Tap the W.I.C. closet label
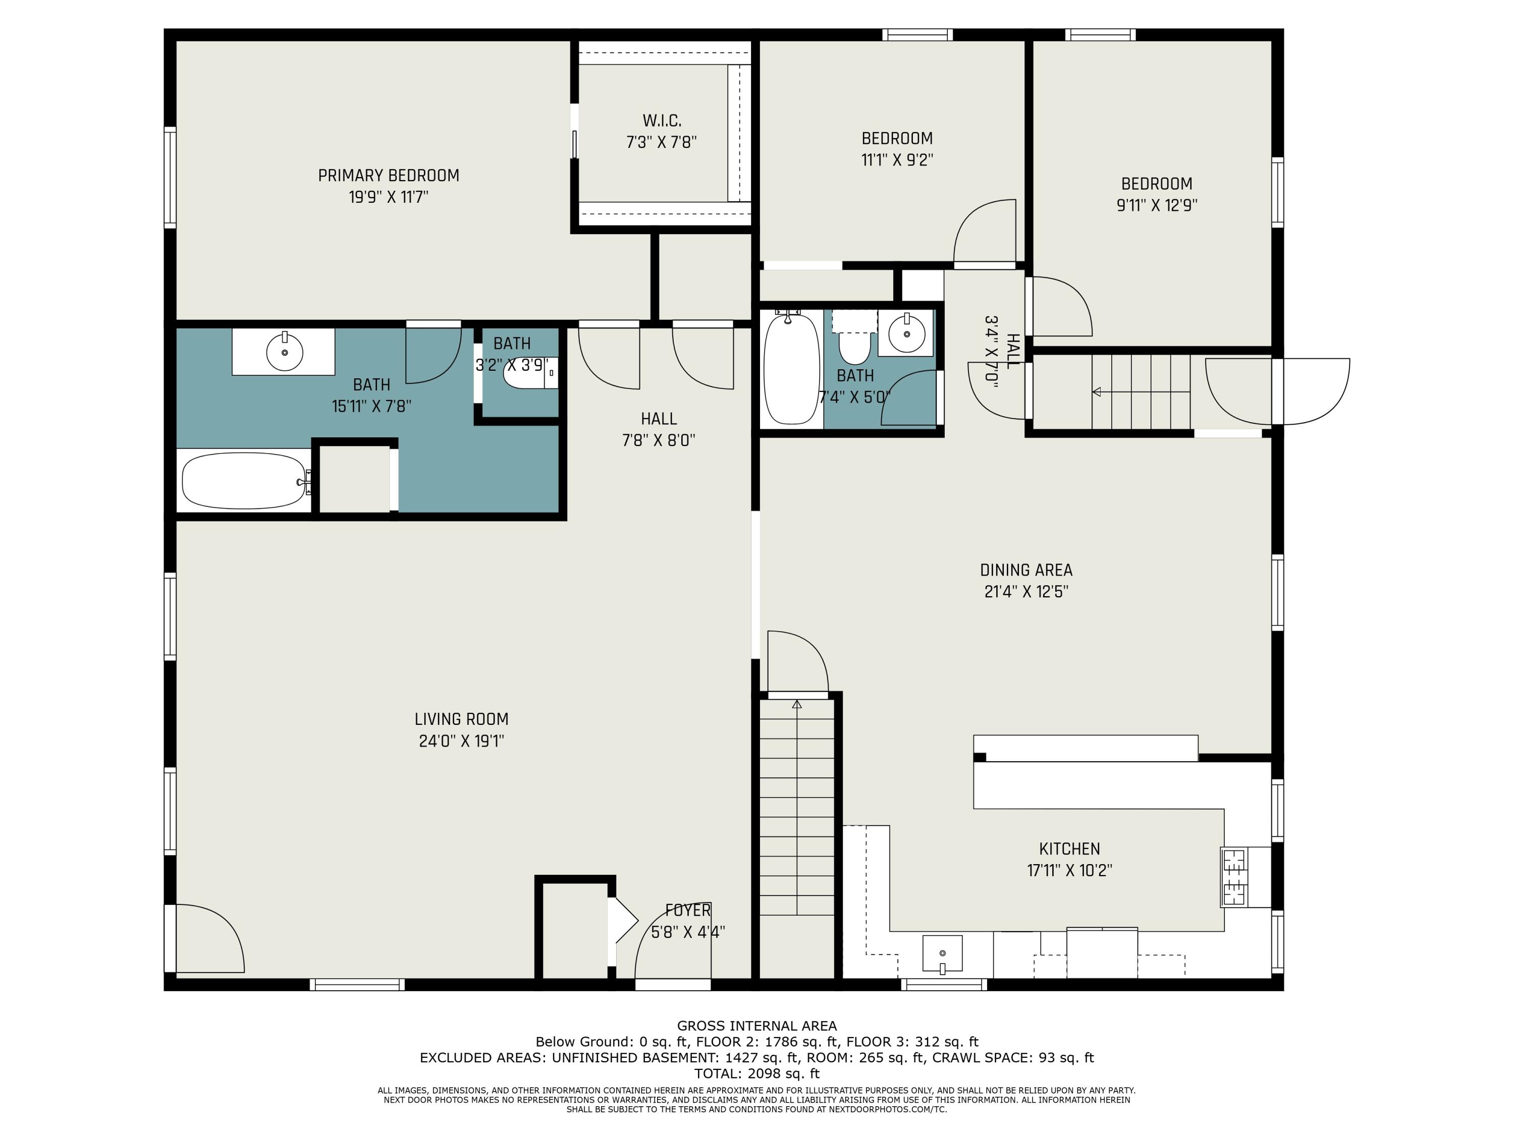662,121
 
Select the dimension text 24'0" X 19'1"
461,741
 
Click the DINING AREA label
1026,571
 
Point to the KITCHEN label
1069,849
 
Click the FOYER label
688,911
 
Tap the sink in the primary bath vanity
284,352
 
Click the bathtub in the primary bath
244,481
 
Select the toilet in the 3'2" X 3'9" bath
530,373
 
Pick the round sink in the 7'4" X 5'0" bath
907,334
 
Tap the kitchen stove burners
1234,877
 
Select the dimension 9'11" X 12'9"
1157,205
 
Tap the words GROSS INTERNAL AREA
756,1026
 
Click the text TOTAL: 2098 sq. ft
756,1073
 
